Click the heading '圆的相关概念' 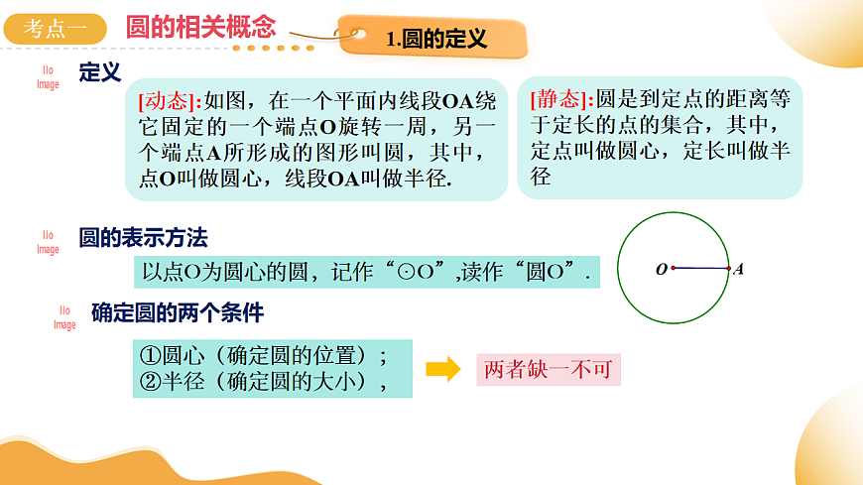tap(201, 27)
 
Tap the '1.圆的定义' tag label tap(436, 40)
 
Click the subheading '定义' tap(99, 72)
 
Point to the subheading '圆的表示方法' tap(144, 238)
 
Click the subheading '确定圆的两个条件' tap(178, 313)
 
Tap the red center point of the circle tap(674, 268)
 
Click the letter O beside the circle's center tap(661, 269)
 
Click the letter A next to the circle tap(739, 269)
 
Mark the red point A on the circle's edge tap(728, 268)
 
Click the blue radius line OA tap(701, 268)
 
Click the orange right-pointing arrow tap(443, 370)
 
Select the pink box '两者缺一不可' tap(549, 370)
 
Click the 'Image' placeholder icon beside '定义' tap(49, 78)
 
